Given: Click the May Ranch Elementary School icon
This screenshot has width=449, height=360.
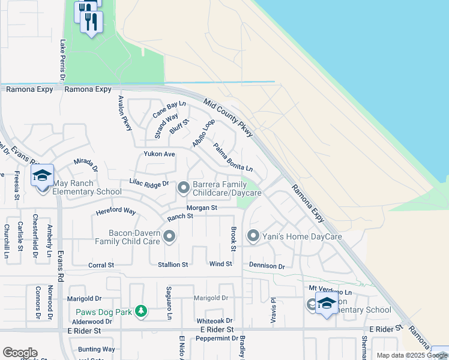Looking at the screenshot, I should pyautogui.click(x=43, y=176).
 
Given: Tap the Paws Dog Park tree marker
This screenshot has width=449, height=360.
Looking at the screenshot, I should pyautogui.click(x=140, y=310).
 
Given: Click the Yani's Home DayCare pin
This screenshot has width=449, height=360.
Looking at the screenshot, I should pyautogui.click(x=253, y=236).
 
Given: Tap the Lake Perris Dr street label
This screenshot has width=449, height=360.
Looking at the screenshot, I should pyautogui.click(x=62, y=59).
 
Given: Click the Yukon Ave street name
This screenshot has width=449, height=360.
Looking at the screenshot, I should pyautogui.click(x=159, y=154).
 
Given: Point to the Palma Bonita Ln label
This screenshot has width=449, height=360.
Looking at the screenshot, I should pyautogui.click(x=233, y=155).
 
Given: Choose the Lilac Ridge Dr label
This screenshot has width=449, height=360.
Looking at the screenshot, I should pyautogui.click(x=149, y=183).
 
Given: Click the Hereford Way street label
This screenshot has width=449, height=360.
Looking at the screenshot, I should pyautogui.click(x=116, y=211).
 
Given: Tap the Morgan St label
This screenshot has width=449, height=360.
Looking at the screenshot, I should pyautogui.click(x=201, y=208).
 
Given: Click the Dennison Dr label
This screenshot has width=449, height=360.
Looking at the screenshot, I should pyautogui.click(x=267, y=265).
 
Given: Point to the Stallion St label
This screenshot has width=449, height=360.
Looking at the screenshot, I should pyautogui.click(x=173, y=265).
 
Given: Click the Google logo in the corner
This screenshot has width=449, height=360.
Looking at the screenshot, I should pyautogui.click(x=20, y=353).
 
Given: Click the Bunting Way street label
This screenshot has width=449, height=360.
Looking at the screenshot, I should pyautogui.click(x=96, y=349).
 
